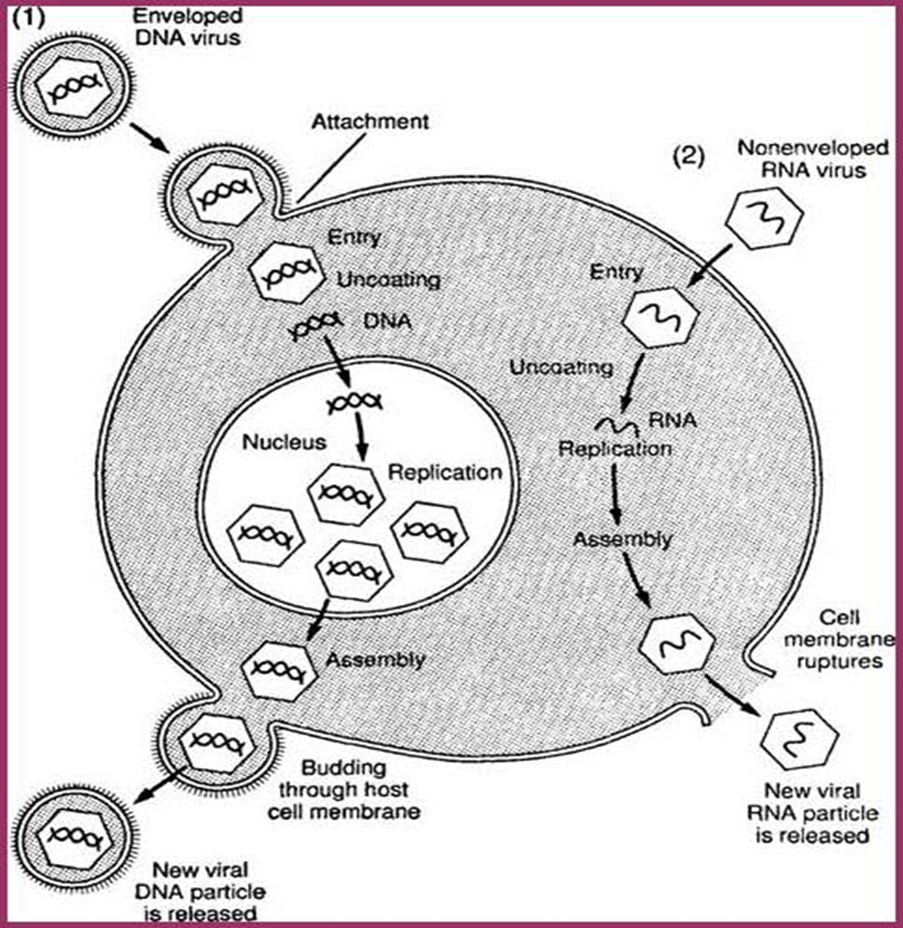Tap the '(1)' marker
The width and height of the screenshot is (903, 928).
pyautogui.click(x=25, y=16)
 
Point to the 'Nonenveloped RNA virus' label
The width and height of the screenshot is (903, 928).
pyautogui.click(x=786, y=161)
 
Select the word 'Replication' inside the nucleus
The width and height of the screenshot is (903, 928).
pyautogui.click(x=445, y=472)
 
